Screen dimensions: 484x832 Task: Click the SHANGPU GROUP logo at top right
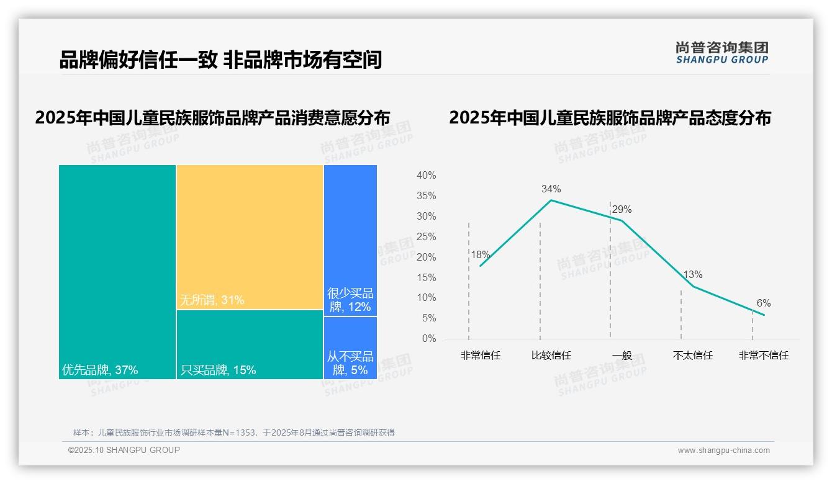[x=721, y=53]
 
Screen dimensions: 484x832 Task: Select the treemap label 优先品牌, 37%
[x=100, y=370]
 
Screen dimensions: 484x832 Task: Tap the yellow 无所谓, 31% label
[x=212, y=300]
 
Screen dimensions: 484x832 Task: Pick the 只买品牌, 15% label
[x=218, y=370]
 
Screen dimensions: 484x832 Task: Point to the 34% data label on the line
[x=551, y=189]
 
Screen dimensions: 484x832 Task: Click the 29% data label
[x=622, y=209]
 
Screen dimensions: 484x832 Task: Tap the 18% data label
[x=480, y=254]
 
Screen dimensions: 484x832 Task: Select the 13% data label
[x=692, y=274]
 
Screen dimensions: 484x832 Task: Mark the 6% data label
[x=763, y=303]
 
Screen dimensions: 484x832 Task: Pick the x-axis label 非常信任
[x=480, y=356]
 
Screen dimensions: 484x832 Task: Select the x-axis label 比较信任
[x=551, y=356]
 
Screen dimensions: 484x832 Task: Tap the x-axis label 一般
[x=622, y=356]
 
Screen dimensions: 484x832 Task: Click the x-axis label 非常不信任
[x=763, y=356]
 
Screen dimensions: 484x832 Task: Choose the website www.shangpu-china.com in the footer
[x=723, y=450]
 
